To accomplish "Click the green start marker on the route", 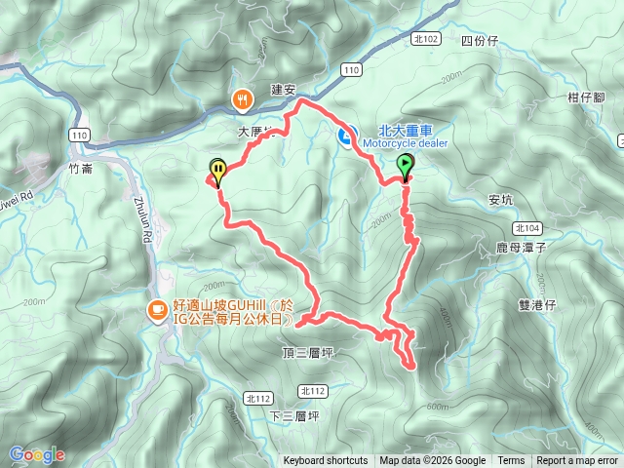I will click(406, 167).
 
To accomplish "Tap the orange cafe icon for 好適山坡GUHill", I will click(155, 311).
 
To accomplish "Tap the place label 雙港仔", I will click(536, 305).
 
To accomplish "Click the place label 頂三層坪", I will click(307, 352).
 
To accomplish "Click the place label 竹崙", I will click(83, 168).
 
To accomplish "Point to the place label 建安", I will click(283, 90).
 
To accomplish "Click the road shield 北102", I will click(426, 40).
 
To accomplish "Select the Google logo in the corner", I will click(36, 454).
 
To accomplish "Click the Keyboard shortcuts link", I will click(326, 461).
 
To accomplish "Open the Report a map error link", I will click(577, 461).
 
